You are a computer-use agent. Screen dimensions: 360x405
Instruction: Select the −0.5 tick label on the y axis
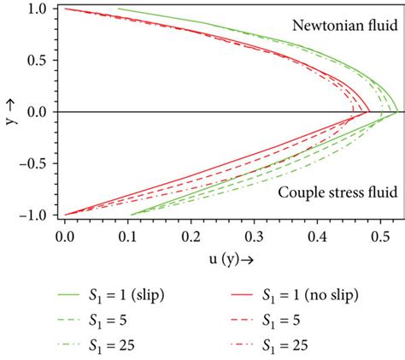pyautogui.click(x=35, y=163)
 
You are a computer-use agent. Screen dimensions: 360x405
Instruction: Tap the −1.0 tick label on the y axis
pyautogui.click(x=35, y=215)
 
